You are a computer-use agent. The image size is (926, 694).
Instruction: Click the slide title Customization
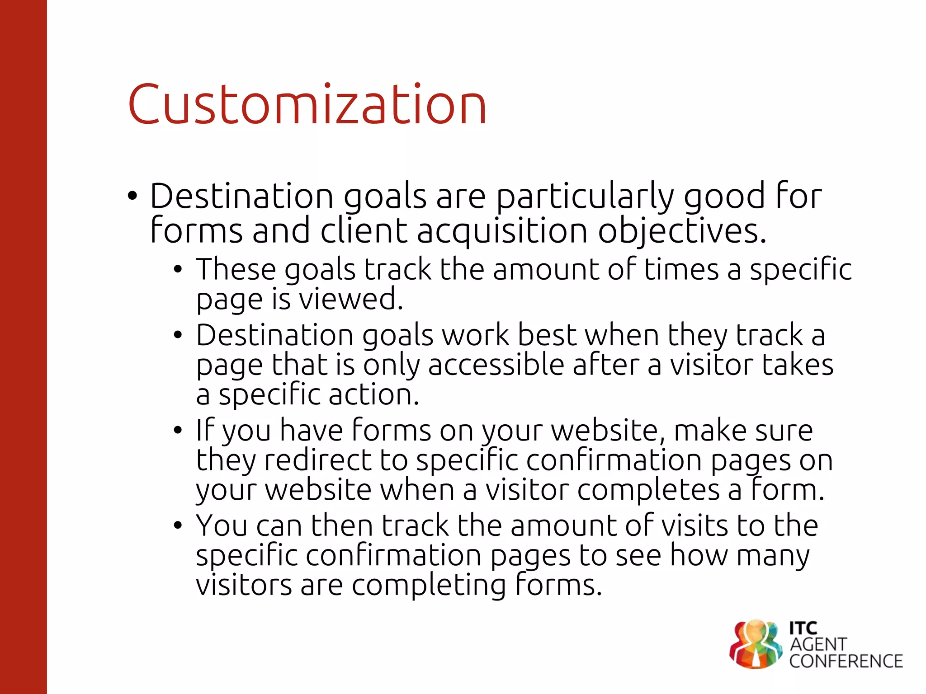tap(307, 105)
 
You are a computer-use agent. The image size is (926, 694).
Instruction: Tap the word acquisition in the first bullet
tap(502, 230)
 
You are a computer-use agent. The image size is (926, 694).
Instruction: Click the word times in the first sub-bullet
tap(681, 269)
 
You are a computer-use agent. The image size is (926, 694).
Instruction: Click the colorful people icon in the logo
tap(756, 644)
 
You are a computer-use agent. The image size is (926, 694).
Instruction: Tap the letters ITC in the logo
tap(803, 628)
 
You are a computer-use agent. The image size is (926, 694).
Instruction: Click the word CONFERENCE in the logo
tap(846, 661)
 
